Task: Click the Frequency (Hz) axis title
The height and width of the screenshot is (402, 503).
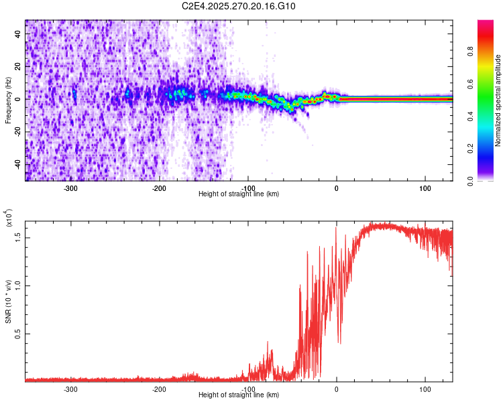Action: pos(8,100)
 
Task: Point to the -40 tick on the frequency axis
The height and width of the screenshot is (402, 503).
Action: pos(17,164)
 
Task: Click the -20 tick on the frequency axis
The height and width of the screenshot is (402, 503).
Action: pos(17,131)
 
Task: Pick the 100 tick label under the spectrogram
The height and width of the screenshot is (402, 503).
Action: pos(425,188)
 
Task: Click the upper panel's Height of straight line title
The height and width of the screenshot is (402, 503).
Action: pos(239,194)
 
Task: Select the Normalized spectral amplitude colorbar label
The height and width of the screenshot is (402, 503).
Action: pos(498,100)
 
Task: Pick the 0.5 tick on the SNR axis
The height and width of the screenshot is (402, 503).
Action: pos(19,333)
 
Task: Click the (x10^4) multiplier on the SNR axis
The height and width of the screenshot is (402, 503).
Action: pos(9,218)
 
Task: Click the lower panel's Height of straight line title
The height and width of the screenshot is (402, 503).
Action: pos(239,395)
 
